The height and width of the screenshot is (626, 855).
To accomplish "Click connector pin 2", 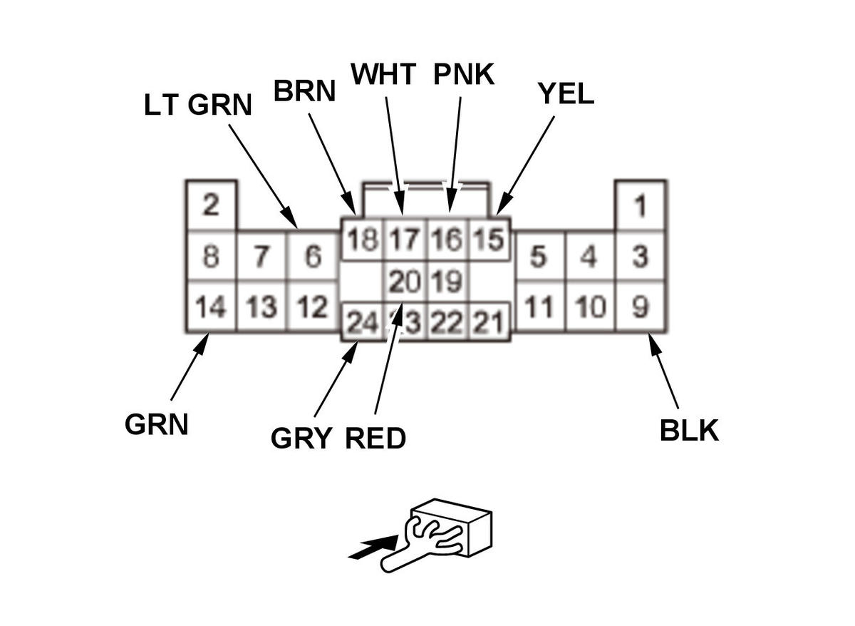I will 210,206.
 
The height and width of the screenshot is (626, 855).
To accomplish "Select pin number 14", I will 210,307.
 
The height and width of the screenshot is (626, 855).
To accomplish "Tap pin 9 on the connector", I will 641,307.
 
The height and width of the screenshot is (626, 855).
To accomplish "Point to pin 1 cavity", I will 641,207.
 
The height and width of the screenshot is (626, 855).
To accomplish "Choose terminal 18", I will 362,240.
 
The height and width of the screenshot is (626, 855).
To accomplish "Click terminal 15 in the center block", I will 489,240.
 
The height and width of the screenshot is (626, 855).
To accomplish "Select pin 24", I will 361,324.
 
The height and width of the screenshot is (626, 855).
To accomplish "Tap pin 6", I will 312,256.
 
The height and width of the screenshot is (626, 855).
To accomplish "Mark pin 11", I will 539,307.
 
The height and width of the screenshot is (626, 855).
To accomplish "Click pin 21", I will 489,324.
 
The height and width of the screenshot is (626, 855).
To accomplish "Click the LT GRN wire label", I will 198,105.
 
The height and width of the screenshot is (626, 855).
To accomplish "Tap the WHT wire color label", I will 383,74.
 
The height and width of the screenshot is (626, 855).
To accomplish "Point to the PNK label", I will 464,74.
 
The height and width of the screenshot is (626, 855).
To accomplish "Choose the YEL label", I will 566,93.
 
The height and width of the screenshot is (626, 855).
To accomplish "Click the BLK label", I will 689,431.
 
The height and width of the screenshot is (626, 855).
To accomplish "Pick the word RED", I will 375,438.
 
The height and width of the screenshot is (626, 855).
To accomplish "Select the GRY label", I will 301,438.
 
